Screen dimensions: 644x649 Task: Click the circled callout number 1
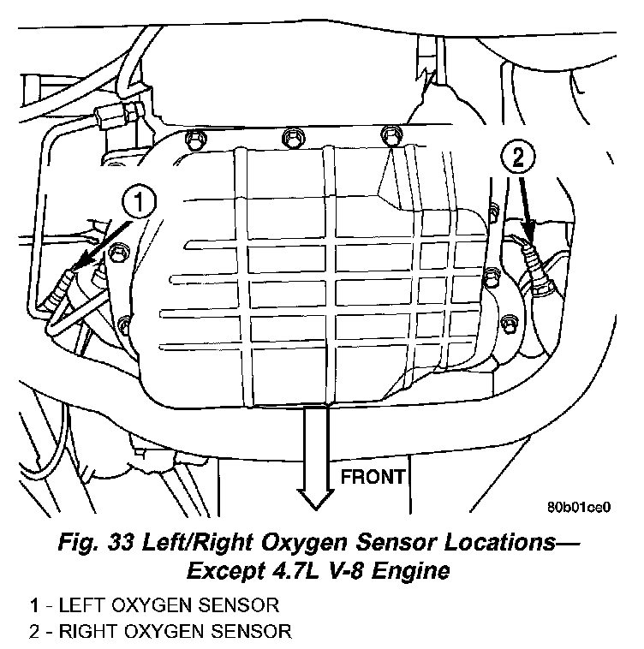(139, 201)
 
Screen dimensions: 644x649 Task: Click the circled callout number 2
(518, 157)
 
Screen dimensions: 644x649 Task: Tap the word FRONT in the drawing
(373, 477)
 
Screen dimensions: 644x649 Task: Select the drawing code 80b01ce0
(579, 507)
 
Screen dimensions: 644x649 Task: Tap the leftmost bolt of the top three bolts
(194, 139)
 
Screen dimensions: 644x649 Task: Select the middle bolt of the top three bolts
(293, 138)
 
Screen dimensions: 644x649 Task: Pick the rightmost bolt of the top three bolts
(391, 135)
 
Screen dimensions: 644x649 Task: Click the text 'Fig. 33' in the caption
(96, 542)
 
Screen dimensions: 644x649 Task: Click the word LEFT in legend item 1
(80, 605)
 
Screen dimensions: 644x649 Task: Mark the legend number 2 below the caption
(35, 632)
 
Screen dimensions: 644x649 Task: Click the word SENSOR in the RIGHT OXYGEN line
(251, 632)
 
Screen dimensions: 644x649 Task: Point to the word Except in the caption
(225, 572)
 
